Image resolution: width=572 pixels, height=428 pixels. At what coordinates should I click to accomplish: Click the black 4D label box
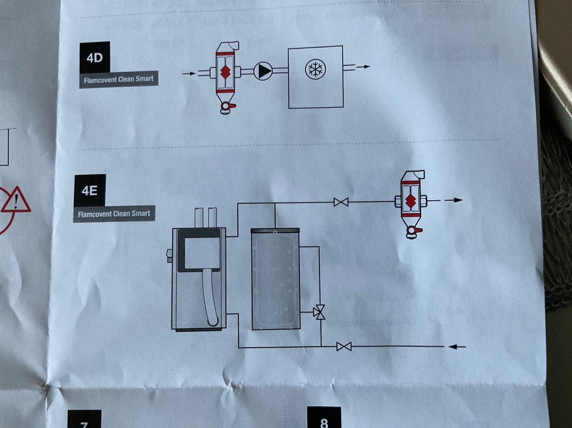tap(95, 58)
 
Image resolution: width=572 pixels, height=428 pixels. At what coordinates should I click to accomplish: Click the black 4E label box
tap(90, 190)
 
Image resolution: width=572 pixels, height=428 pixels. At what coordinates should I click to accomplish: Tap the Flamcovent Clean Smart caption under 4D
tap(118, 80)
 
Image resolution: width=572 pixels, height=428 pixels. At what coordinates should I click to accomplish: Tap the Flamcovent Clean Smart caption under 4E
tap(114, 214)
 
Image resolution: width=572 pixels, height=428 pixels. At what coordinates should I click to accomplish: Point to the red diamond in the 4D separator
tap(225, 71)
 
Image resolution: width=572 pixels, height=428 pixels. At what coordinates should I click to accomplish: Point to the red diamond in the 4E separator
tap(410, 201)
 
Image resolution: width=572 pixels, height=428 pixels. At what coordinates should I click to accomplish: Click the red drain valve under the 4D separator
tap(226, 108)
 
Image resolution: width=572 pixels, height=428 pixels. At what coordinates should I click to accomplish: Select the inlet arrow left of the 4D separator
tap(189, 73)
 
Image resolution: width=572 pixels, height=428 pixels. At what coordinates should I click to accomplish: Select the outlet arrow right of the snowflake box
tap(363, 67)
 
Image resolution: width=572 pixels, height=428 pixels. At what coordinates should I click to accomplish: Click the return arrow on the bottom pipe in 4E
tap(457, 347)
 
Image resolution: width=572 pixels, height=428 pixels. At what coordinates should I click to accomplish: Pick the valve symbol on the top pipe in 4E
tap(341, 202)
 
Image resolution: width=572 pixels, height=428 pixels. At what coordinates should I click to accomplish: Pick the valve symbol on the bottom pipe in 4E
tap(344, 347)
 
